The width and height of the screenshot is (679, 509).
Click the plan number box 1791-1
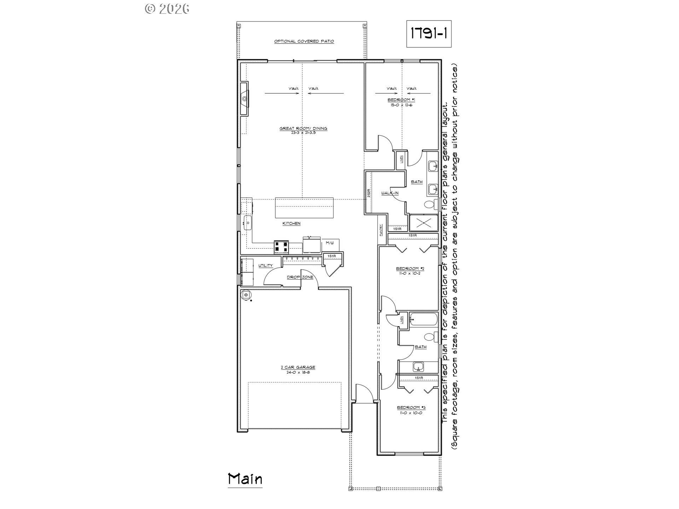pyautogui.click(x=429, y=34)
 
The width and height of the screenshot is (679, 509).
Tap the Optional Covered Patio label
pyautogui.click(x=304, y=41)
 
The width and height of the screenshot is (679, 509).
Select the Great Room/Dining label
pyautogui.click(x=303, y=129)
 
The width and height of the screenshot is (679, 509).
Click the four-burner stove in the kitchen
pyautogui.click(x=281, y=247)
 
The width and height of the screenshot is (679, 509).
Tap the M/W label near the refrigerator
pyautogui.click(x=330, y=243)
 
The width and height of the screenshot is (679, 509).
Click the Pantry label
pyautogui.click(x=381, y=231)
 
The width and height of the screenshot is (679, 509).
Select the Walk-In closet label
pyautogui.click(x=390, y=193)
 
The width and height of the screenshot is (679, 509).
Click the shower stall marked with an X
pyautogui.click(x=423, y=223)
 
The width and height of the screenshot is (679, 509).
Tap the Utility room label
pyautogui.click(x=265, y=265)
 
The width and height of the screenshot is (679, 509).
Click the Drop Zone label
pyautogui.click(x=300, y=277)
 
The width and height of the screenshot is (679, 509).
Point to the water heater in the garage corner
pyautogui.click(x=246, y=294)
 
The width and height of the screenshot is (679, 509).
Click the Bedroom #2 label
pyautogui.click(x=410, y=269)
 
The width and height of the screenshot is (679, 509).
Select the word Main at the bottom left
pyautogui.click(x=245, y=479)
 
